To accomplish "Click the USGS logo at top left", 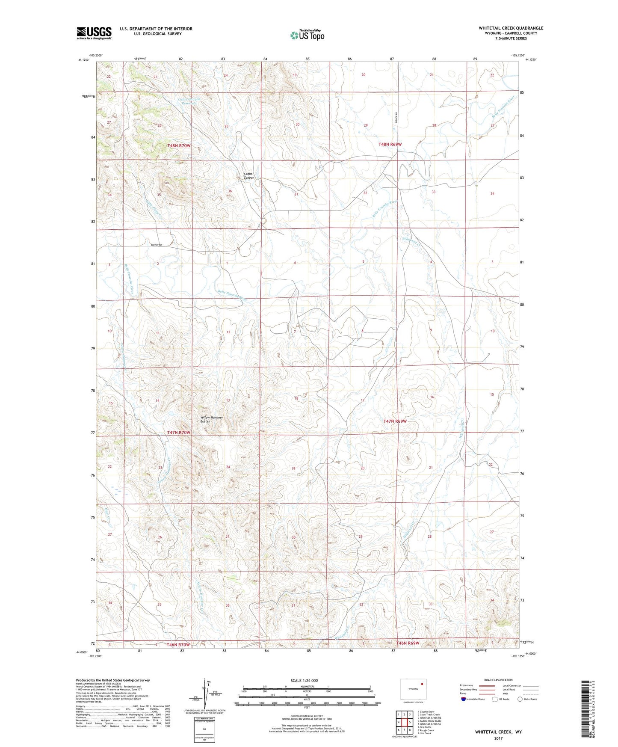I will pyautogui.click(x=94, y=33).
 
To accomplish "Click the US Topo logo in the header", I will pyautogui.click(x=307, y=35).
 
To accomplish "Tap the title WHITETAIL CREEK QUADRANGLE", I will pyautogui.click(x=511, y=28).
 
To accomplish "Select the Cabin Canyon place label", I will pyautogui.click(x=249, y=176).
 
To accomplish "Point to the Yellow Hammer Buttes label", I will pyautogui.click(x=212, y=419).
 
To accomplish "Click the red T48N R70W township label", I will pyautogui.click(x=179, y=145).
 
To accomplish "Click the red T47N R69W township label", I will pyautogui.click(x=394, y=421).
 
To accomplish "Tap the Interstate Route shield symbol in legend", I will pyautogui.click(x=464, y=699).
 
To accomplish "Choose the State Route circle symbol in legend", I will pyautogui.click(x=520, y=699).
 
